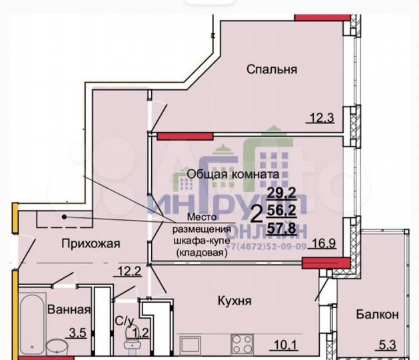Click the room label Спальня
point(270,69)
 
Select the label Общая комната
point(232,174)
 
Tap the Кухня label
point(234,301)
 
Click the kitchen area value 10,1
point(284,345)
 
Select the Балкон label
point(377,314)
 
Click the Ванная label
point(68,309)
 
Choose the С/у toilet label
point(124,321)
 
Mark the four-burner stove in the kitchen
point(242,344)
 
